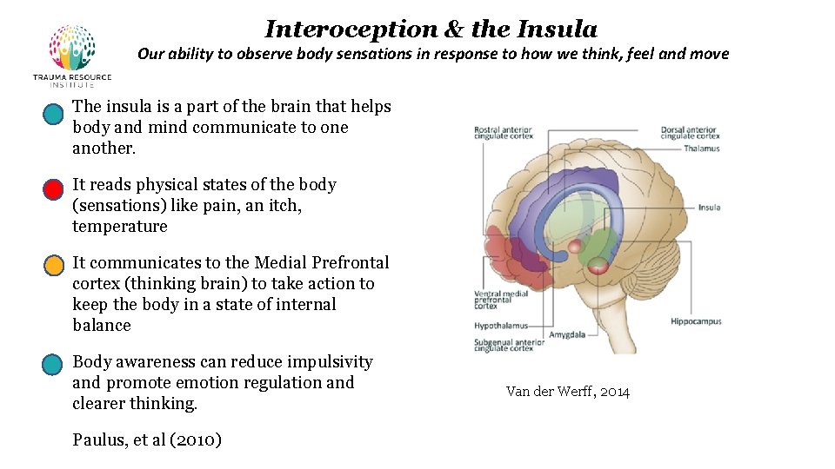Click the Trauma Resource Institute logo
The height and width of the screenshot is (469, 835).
pyautogui.click(x=72, y=55)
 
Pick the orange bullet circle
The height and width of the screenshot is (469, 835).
pyautogui.click(x=54, y=265)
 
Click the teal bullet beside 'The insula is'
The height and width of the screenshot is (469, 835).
pyautogui.click(x=54, y=113)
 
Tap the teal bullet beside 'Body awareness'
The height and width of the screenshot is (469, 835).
pyautogui.click(x=54, y=364)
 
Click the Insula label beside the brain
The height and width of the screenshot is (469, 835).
pyautogui.click(x=709, y=208)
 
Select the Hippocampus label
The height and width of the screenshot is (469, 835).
pyautogui.click(x=696, y=321)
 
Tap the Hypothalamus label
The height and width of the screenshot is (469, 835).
pyautogui.click(x=501, y=326)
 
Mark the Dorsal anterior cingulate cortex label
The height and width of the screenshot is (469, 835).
pyautogui.click(x=690, y=133)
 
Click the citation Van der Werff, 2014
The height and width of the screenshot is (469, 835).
pyautogui.click(x=567, y=392)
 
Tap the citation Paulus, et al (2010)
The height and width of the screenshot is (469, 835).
pyautogui.click(x=147, y=440)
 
